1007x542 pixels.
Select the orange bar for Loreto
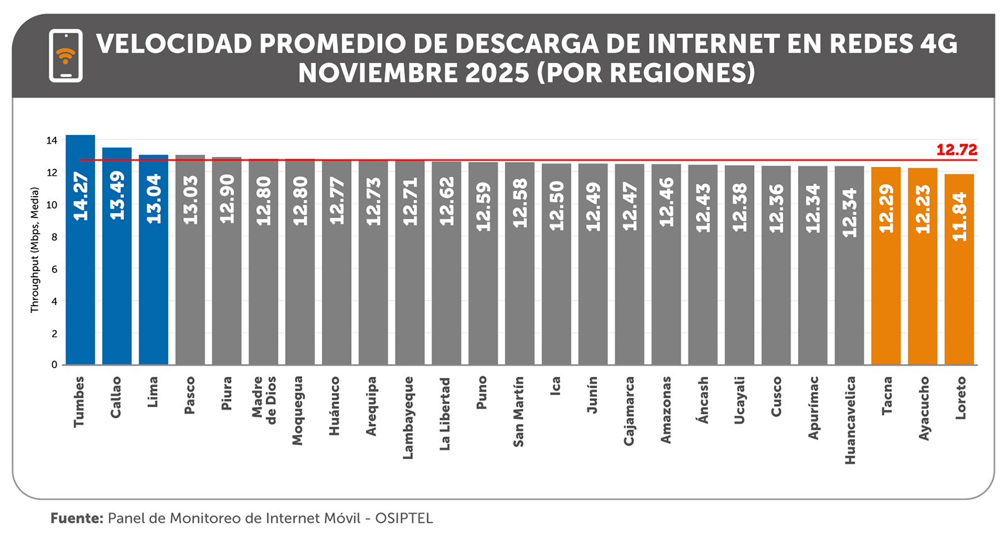click(x=959, y=284)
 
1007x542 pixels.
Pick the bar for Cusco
click(x=776, y=284)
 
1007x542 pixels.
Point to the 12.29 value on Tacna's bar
click(x=886, y=209)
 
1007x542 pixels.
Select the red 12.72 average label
click(x=956, y=150)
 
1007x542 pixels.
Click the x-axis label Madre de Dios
click(x=264, y=400)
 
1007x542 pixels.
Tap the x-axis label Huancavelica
click(x=850, y=420)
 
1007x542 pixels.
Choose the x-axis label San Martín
click(x=519, y=412)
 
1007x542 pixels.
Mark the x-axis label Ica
click(x=555, y=386)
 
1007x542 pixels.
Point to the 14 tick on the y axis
click(x=52, y=141)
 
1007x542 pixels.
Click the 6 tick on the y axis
click(x=54, y=269)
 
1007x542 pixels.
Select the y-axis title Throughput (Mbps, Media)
click(x=35, y=250)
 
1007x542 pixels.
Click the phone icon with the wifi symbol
click(x=65, y=55)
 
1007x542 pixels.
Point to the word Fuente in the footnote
click(x=77, y=518)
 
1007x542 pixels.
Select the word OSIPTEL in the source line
click(x=404, y=518)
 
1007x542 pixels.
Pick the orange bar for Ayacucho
click(x=923, y=284)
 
